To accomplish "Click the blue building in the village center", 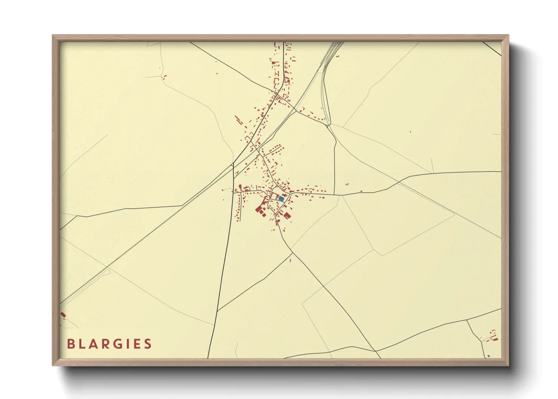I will tap(281, 198).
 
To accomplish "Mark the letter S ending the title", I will tap(148, 344).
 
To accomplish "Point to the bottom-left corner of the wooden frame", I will tap(53, 365).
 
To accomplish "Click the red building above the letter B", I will tap(63, 314).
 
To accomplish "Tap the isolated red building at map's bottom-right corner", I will tap(489, 356).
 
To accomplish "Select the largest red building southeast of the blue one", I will tap(287, 215).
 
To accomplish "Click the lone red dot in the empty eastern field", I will tap(411, 132).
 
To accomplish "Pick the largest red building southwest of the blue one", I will tap(259, 209).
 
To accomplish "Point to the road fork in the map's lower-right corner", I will tap(467, 320).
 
